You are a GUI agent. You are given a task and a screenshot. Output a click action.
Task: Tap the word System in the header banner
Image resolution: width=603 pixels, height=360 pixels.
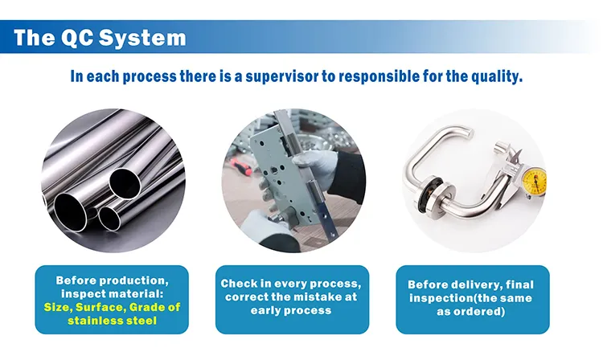(142, 38)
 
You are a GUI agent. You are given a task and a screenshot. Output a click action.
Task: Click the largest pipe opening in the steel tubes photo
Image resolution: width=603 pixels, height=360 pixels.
(71, 212)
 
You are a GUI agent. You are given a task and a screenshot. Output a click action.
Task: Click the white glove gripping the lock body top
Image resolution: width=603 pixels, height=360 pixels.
(314, 167)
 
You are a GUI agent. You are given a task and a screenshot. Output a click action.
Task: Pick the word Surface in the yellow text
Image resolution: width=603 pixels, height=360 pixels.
(100, 307)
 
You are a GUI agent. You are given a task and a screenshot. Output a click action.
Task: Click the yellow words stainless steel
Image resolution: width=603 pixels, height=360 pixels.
(113, 321)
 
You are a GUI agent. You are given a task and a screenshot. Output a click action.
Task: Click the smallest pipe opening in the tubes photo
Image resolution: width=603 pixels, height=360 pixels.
(109, 219)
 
